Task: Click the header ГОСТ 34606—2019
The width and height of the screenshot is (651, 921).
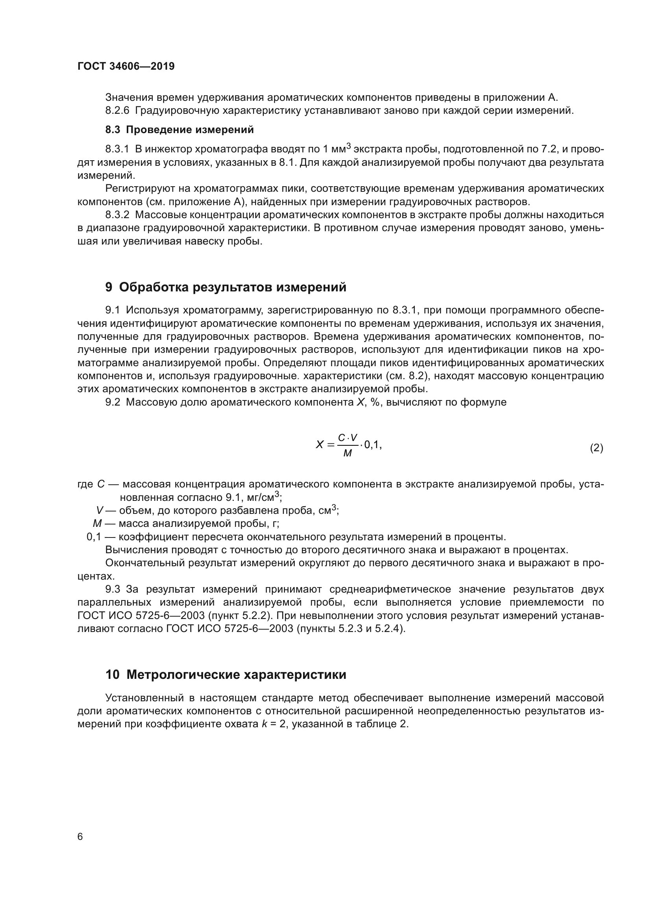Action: (126, 67)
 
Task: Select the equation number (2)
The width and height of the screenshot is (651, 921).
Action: (596, 448)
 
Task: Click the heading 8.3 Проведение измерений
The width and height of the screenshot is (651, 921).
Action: (179, 130)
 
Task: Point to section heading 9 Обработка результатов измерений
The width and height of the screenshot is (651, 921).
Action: (226, 287)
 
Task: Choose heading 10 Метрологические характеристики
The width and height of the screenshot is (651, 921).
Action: (226, 675)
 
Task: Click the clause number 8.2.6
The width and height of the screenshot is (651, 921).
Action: (117, 111)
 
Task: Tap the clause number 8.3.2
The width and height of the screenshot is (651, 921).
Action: (117, 215)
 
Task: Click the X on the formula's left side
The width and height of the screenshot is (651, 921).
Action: (319, 445)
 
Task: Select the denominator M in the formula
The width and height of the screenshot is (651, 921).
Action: (348, 454)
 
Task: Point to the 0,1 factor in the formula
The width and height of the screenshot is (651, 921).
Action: (372, 445)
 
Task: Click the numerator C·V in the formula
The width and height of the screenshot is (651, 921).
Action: (348, 437)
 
